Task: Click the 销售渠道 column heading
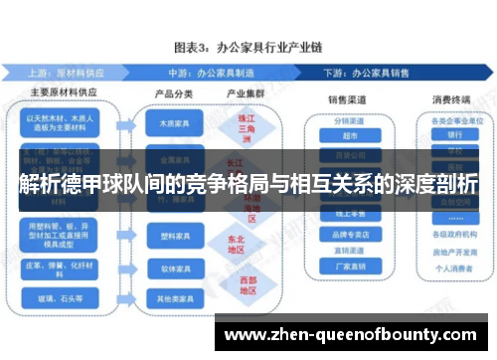349,99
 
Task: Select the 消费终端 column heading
451,99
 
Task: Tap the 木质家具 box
170,125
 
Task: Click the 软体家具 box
170,268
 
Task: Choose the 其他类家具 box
170,298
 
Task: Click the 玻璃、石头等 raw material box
62,297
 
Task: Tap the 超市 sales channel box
348,136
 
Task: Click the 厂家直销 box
348,266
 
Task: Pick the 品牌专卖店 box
348,234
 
